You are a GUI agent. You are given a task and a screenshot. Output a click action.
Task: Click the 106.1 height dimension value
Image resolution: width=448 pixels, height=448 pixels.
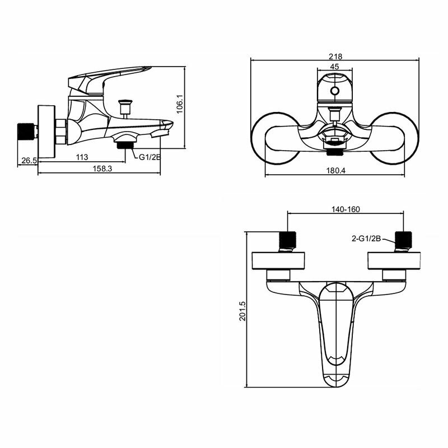point(180,104)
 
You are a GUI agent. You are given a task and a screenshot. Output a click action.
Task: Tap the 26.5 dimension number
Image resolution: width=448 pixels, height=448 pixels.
point(29,160)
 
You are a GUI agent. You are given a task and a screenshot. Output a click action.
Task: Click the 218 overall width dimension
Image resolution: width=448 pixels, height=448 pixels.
point(335,56)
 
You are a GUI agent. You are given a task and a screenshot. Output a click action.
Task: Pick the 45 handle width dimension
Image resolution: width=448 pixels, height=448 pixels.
point(334,66)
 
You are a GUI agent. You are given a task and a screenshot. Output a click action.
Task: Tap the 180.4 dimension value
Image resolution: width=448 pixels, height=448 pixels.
point(335,171)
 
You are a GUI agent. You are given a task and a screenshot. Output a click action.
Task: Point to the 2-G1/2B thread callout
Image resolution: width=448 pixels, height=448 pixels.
point(366,239)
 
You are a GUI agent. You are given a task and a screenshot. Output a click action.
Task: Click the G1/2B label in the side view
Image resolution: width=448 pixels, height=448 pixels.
point(150,157)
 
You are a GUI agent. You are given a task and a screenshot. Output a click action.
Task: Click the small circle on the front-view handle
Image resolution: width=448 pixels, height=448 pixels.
point(334,91)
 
